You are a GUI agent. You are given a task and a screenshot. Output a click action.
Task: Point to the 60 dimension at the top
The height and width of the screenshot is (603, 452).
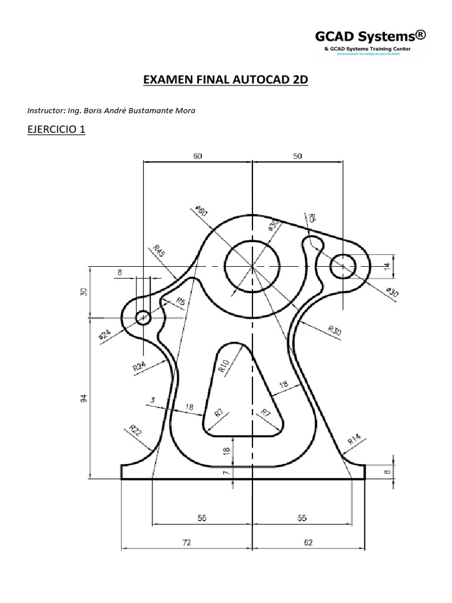tap(197, 156)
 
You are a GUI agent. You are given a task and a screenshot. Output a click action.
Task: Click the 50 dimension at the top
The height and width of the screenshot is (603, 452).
tap(298, 156)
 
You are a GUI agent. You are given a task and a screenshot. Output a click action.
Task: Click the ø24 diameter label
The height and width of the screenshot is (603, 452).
tap(104, 335)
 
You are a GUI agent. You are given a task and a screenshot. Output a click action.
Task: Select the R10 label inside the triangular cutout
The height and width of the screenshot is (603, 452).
tap(224, 367)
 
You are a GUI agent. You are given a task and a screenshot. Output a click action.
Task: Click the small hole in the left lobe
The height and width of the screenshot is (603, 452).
tap(144, 318)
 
